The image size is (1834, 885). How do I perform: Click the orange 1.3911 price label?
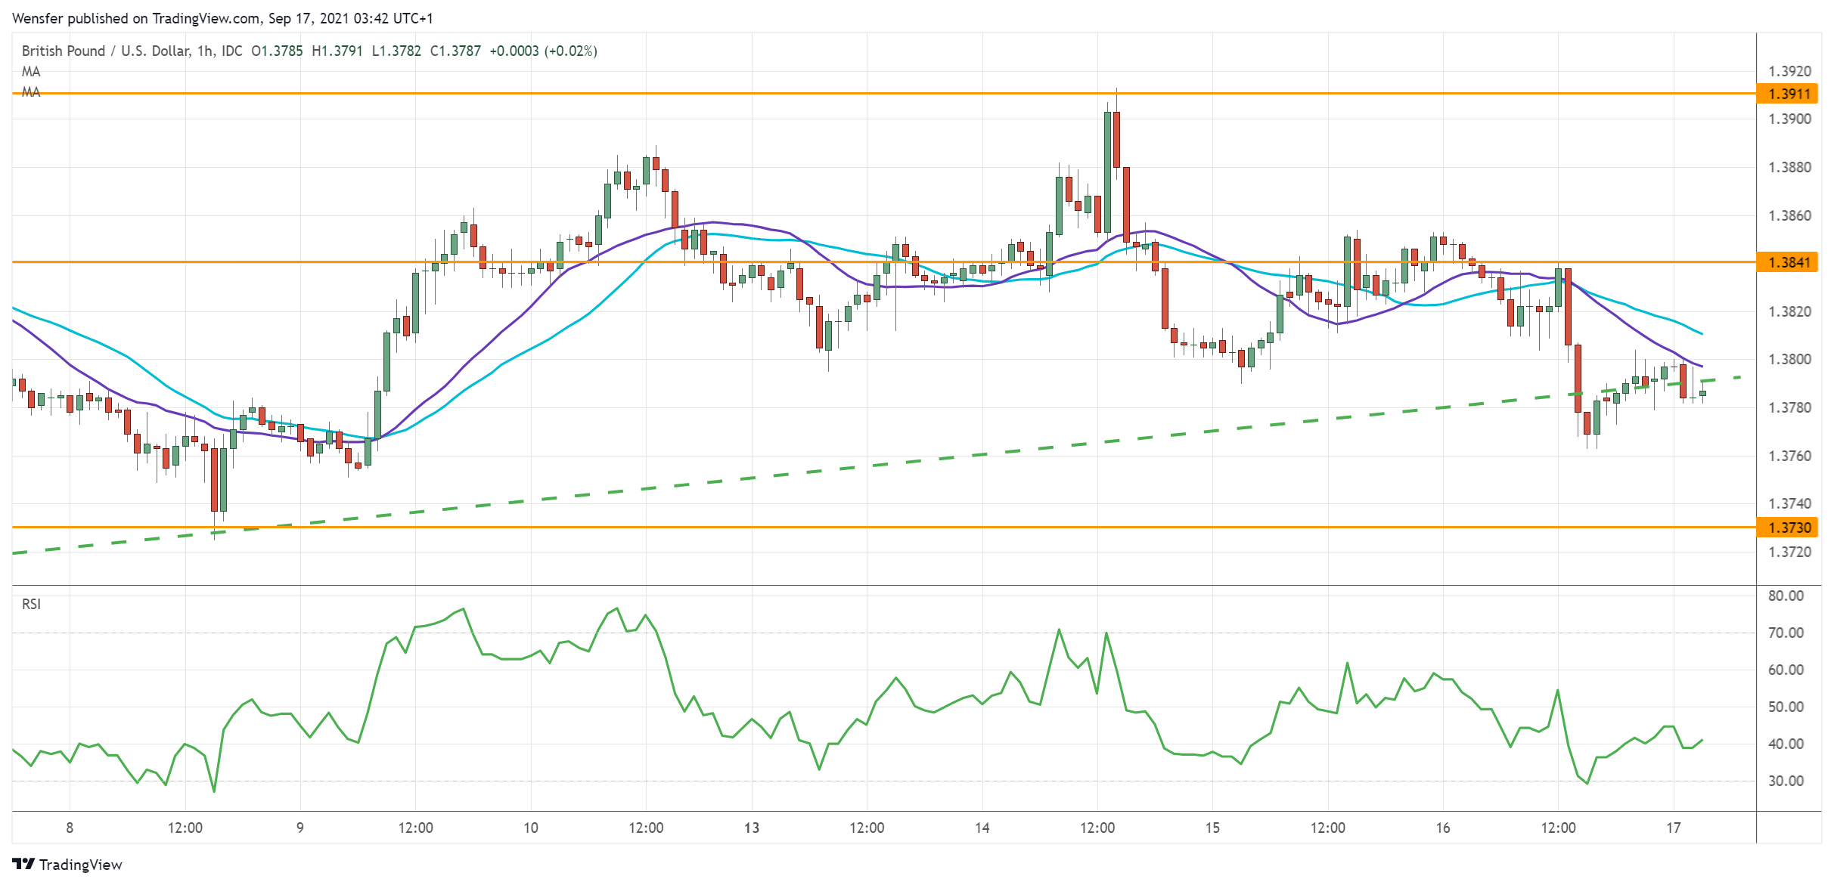1789,94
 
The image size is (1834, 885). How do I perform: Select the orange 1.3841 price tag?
1789,262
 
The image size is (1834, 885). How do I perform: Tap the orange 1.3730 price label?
1789,528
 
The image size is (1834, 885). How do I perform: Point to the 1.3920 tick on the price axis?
1789,71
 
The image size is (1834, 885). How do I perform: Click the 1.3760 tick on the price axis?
1789,456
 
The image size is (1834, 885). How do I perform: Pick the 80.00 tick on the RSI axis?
1786,596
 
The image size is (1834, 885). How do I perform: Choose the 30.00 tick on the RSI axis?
1786,781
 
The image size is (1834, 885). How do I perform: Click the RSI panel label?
31,604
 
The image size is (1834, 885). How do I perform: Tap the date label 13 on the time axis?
752,828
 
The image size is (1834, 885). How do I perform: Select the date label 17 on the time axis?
1674,828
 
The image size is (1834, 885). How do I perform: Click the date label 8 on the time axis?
70,828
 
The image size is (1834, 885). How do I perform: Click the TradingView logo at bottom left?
67,865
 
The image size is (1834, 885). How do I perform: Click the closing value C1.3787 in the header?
455,51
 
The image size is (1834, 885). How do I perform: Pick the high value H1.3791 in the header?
337,51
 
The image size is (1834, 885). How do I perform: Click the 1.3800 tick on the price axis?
1789,359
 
